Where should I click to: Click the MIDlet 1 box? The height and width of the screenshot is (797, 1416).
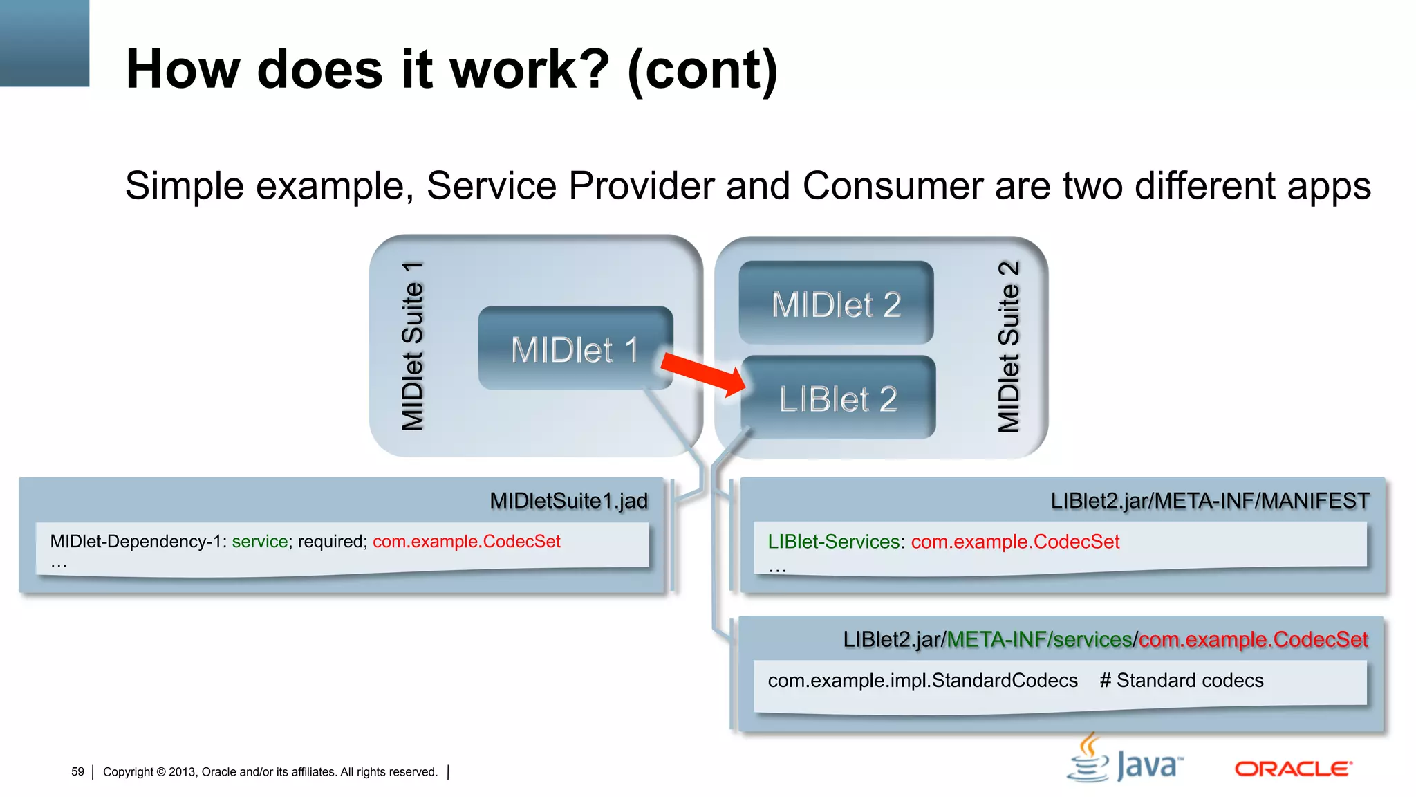click(574, 348)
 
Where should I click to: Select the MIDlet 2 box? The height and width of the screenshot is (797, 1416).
click(836, 303)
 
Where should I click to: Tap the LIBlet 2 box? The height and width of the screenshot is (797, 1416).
click(838, 398)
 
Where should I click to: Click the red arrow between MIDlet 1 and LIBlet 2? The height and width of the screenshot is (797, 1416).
click(702, 374)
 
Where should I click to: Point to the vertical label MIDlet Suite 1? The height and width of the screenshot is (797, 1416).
click(412, 346)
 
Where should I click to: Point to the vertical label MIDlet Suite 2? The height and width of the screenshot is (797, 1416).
click(1009, 346)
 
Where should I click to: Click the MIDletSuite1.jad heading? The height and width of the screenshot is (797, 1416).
click(568, 500)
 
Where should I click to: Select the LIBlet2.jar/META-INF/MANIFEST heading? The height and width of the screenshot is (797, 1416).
click(1209, 500)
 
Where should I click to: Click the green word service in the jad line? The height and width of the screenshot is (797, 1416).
click(259, 541)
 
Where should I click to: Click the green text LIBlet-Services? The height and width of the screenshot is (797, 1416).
click(833, 541)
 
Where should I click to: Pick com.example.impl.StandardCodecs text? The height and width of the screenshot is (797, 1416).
click(922, 680)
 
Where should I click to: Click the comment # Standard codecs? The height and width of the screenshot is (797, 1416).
click(1181, 680)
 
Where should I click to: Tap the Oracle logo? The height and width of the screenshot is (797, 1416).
click(1293, 769)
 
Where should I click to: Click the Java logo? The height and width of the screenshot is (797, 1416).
click(1126, 761)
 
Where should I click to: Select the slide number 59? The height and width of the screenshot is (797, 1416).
click(77, 771)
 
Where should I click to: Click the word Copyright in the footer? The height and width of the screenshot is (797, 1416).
click(128, 771)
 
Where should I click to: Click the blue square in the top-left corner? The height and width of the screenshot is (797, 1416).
click(44, 43)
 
